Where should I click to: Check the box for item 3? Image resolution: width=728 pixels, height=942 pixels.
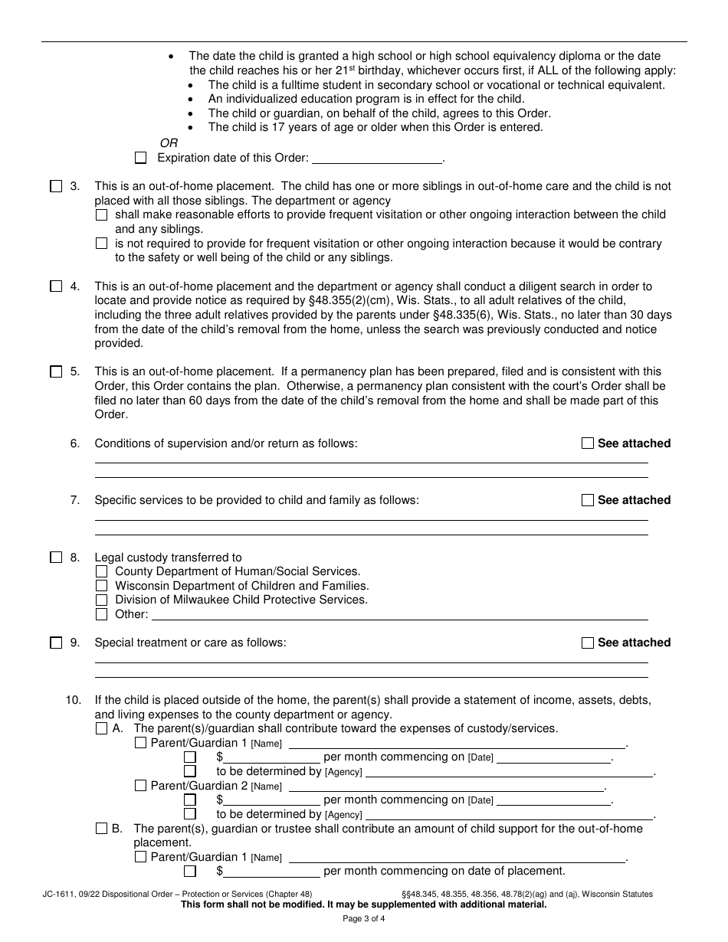(56, 186)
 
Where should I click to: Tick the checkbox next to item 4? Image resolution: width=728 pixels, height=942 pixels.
(56, 286)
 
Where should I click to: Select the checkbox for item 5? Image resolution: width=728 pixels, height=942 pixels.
(56, 372)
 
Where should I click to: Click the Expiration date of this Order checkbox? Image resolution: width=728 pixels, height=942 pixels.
(140, 158)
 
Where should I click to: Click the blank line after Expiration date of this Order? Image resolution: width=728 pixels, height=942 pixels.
(378, 159)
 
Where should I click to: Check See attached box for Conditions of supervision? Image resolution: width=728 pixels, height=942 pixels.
(588, 443)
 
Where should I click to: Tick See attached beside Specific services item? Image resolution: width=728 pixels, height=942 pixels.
(588, 500)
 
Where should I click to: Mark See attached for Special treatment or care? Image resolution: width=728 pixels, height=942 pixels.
(588, 643)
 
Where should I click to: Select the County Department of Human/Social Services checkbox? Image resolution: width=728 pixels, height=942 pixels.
(102, 572)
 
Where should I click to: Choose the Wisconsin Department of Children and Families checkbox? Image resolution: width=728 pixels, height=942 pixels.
(102, 586)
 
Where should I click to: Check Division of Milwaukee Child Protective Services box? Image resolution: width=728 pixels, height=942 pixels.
(102, 600)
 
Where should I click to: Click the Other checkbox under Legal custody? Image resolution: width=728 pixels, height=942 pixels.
(102, 614)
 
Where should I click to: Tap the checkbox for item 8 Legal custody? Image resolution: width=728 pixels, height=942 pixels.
(56, 558)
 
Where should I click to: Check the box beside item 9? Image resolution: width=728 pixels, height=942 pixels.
(56, 643)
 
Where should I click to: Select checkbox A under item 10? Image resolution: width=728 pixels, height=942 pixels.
(102, 729)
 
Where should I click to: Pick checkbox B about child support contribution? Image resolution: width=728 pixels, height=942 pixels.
(102, 829)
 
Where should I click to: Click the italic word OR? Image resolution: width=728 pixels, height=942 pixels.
(169, 143)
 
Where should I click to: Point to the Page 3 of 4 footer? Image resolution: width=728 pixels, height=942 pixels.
(364, 919)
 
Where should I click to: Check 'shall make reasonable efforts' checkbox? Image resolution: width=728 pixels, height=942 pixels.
(102, 215)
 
